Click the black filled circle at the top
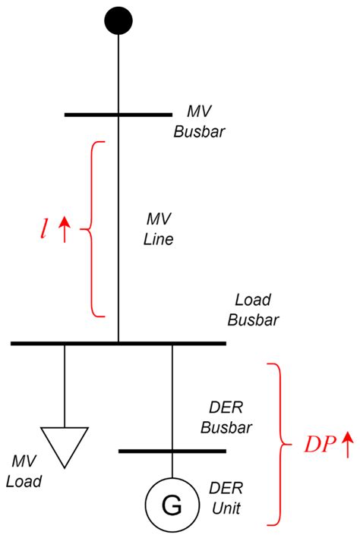[118, 20]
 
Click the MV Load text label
[26, 470]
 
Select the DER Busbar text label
[221, 418]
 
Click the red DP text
[317, 445]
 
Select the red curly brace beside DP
[279, 444]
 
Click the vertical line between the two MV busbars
[118, 228]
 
